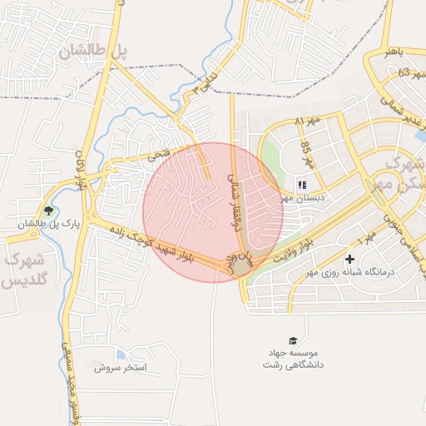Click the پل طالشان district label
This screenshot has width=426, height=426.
click(x=93, y=50)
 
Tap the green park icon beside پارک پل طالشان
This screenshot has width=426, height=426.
click(x=48, y=211)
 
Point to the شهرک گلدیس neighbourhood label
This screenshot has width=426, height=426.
click(x=22, y=270)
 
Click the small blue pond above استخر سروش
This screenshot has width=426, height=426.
click(x=122, y=355)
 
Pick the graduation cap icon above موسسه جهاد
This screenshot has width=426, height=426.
click(x=292, y=340)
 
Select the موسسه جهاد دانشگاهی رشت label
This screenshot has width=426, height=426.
click(x=292, y=359)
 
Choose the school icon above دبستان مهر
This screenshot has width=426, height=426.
click(x=302, y=185)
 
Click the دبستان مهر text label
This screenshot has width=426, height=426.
click(x=300, y=198)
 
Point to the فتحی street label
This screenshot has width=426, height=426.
click(x=157, y=154)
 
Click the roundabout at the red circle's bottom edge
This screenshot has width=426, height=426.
click(x=240, y=264)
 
